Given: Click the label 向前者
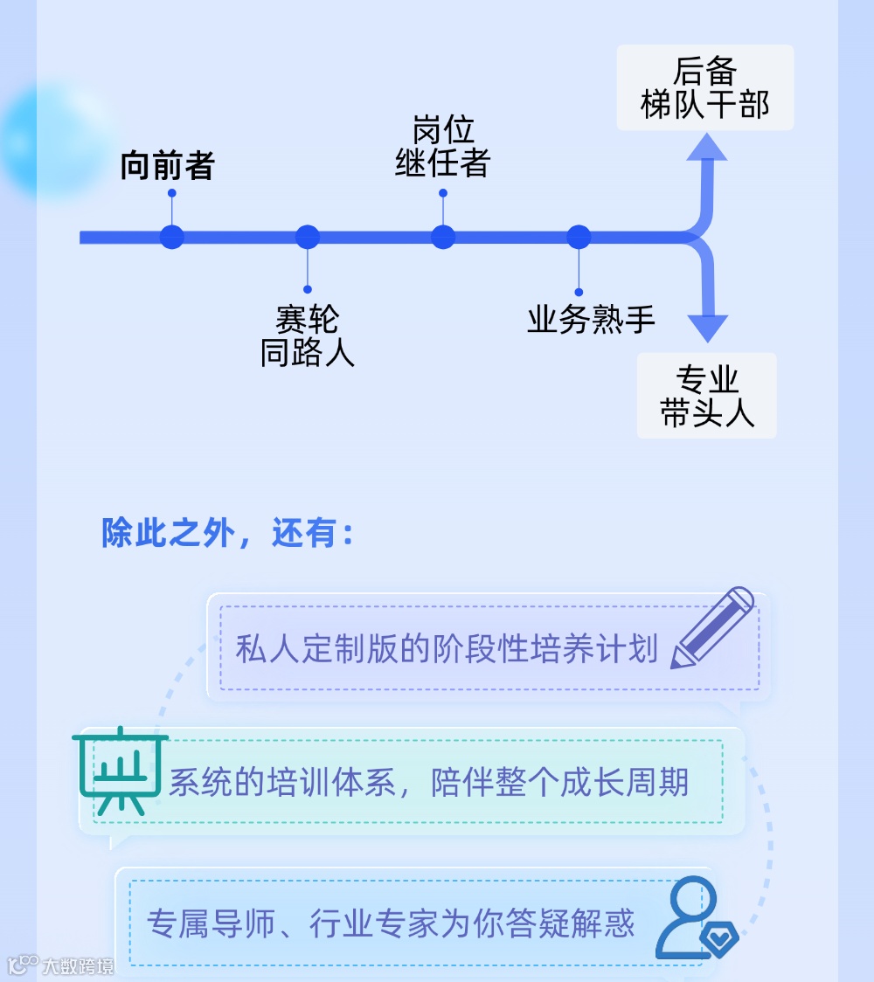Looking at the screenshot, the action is click(x=167, y=166).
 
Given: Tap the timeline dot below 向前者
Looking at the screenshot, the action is click(x=172, y=237).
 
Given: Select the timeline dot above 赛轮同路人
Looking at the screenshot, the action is click(x=308, y=237).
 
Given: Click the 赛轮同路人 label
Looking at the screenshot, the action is click(x=307, y=336).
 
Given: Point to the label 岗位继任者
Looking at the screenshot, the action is click(x=442, y=147).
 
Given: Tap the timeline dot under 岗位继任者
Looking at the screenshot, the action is click(x=443, y=237).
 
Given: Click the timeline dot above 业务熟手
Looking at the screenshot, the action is click(x=579, y=237).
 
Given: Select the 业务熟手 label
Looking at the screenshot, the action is click(x=591, y=320).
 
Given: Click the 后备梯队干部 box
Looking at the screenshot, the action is click(x=704, y=87).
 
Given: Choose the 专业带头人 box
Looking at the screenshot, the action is click(x=706, y=396).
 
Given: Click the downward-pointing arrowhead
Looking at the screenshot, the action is click(x=707, y=328).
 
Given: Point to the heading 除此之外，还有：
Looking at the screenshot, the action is click(x=228, y=533).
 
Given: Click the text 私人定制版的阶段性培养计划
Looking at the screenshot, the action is click(x=447, y=649).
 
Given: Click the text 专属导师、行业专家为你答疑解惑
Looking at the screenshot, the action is click(x=391, y=923).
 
